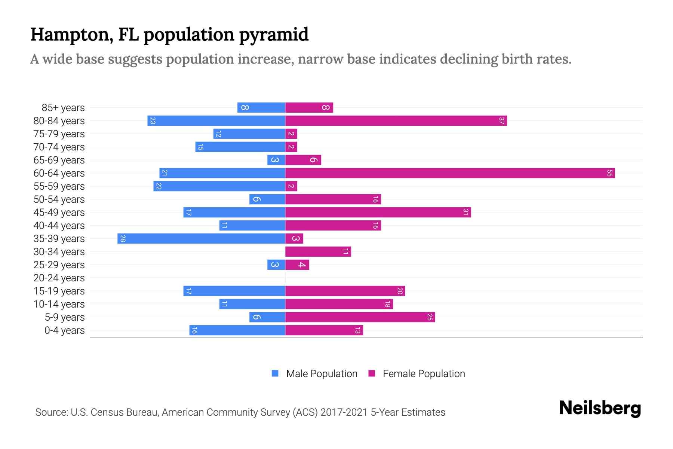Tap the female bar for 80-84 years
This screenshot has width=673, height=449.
pos(396,121)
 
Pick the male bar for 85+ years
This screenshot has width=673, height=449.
pos(262,108)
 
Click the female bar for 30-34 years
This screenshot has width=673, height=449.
pos(318,252)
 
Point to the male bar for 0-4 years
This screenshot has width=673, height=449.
pos(237,330)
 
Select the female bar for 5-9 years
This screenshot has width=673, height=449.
pos(360,317)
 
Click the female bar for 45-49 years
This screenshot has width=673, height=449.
pos(378,213)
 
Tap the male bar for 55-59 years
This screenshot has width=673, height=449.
pos(219,186)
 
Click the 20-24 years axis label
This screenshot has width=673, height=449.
pos(59,278)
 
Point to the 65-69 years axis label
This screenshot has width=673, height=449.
pos(59,160)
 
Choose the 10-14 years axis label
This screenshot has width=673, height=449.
pos(59,304)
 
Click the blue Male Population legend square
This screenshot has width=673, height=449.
pos(275,373)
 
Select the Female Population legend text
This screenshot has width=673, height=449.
pos(424,374)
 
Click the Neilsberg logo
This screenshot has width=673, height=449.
pos(600,408)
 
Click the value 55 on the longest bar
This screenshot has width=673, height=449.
pos(609,173)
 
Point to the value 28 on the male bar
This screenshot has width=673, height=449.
pos(123,239)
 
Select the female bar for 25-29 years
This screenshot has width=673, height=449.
pos(297,265)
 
